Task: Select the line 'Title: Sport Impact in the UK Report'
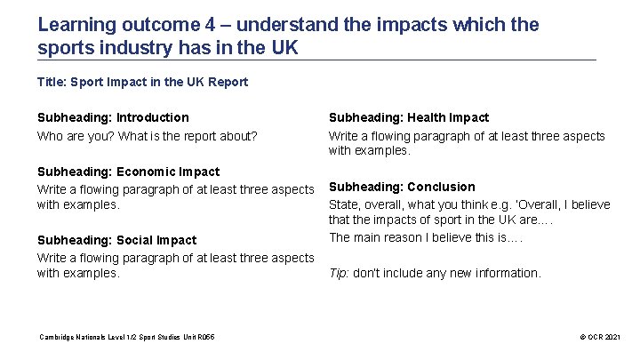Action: [142, 82]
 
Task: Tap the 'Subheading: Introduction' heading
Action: [113, 117]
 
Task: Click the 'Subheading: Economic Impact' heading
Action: [128, 172]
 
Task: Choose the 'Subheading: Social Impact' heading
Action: [116, 240]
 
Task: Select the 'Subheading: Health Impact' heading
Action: [409, 117]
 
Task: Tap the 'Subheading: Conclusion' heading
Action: [402, 187]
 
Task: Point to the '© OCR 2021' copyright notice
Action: [600, 338]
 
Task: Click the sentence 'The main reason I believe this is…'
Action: [426, 237]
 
